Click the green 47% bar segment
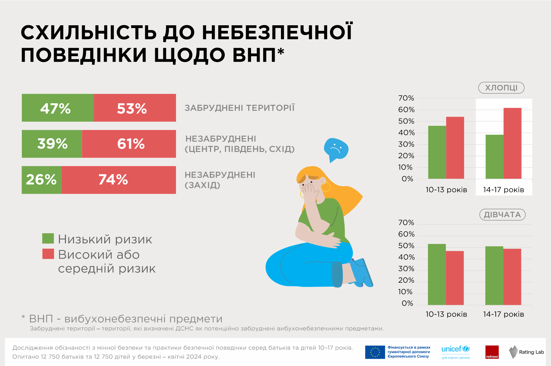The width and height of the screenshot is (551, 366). click(x=58, y=108)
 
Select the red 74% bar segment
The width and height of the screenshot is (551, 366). click(x=119, y=180)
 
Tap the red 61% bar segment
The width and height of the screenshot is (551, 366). click(x=129, y=144)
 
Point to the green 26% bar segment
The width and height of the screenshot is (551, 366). click(x=42, y=180)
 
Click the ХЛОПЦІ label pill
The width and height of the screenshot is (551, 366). click(x=501, y=88)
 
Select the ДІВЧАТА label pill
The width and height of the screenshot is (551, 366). click(x=502, y=215)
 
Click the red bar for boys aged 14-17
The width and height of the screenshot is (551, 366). click(x=512, y=143)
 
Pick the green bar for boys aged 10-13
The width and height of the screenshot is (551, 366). click(x=437, y=152)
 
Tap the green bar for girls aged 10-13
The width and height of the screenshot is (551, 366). click(x=437, y=274)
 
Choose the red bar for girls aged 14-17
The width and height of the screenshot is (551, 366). click(x=512, y=277)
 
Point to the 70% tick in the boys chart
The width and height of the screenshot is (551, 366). click(x=406, y=98)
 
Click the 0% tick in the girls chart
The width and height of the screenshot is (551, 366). click(x=407, y=303)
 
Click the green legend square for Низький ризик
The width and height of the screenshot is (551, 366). click(x=48, y=238)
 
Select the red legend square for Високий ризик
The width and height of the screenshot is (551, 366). click(x=48, y=254)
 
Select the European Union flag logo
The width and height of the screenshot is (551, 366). click(x=375, y=352)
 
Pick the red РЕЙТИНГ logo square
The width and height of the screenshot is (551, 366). click(x=492, y=352)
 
